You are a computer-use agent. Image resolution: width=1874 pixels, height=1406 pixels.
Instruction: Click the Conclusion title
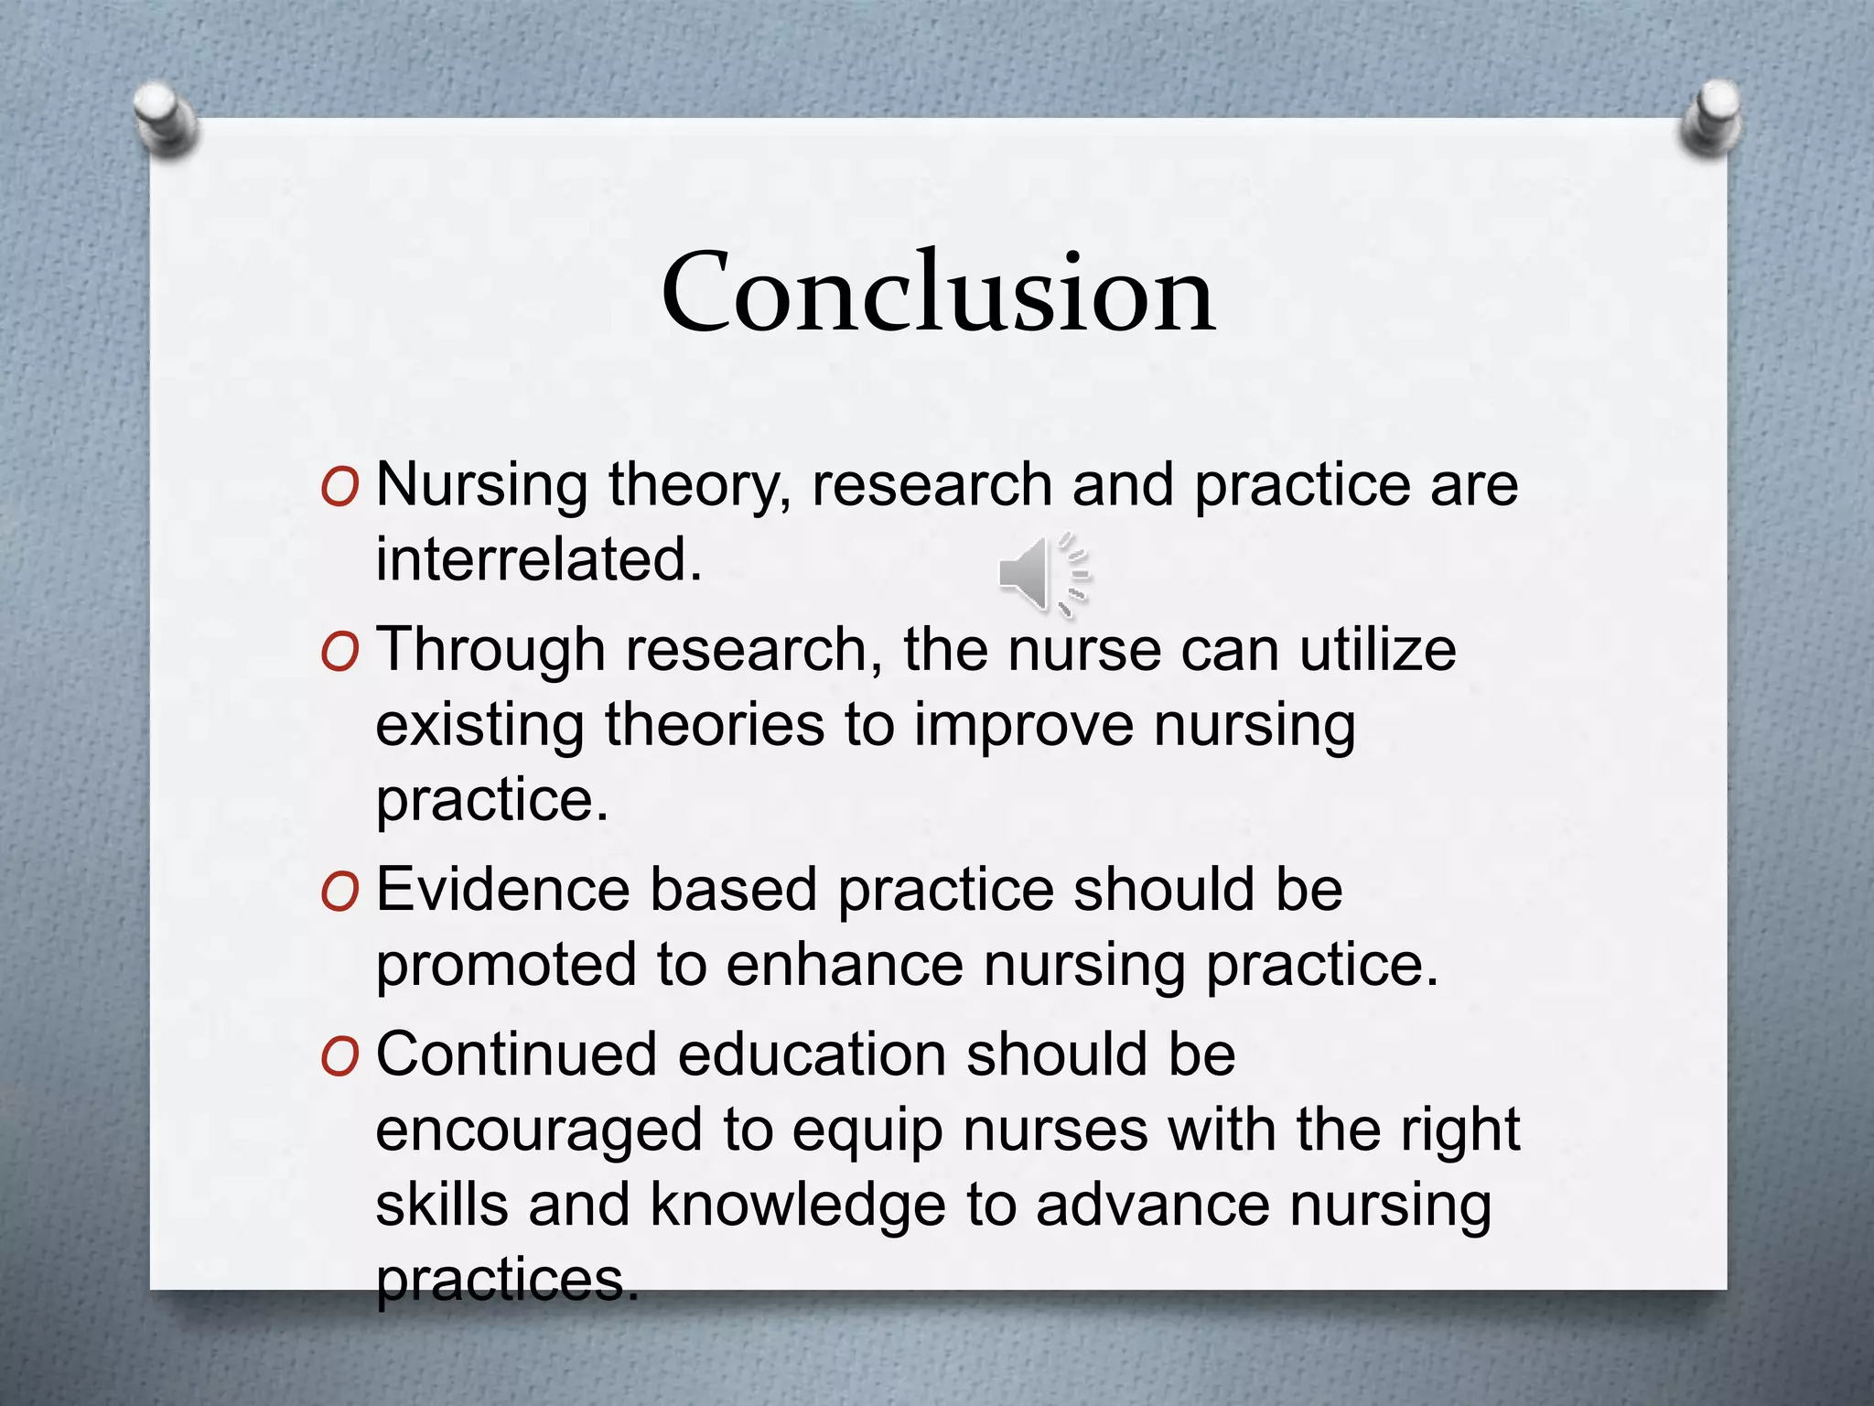(938, 293)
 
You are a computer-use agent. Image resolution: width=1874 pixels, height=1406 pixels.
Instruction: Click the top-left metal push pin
(165, 117)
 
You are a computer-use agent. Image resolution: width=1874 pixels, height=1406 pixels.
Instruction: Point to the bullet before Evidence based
(339, 893)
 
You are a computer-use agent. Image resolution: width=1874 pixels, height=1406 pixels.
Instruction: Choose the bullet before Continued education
(339, 1058)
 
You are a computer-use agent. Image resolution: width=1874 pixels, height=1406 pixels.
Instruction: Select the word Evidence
(503, 890)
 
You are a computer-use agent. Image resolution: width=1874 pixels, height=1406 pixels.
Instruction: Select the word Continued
(517, 1054)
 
